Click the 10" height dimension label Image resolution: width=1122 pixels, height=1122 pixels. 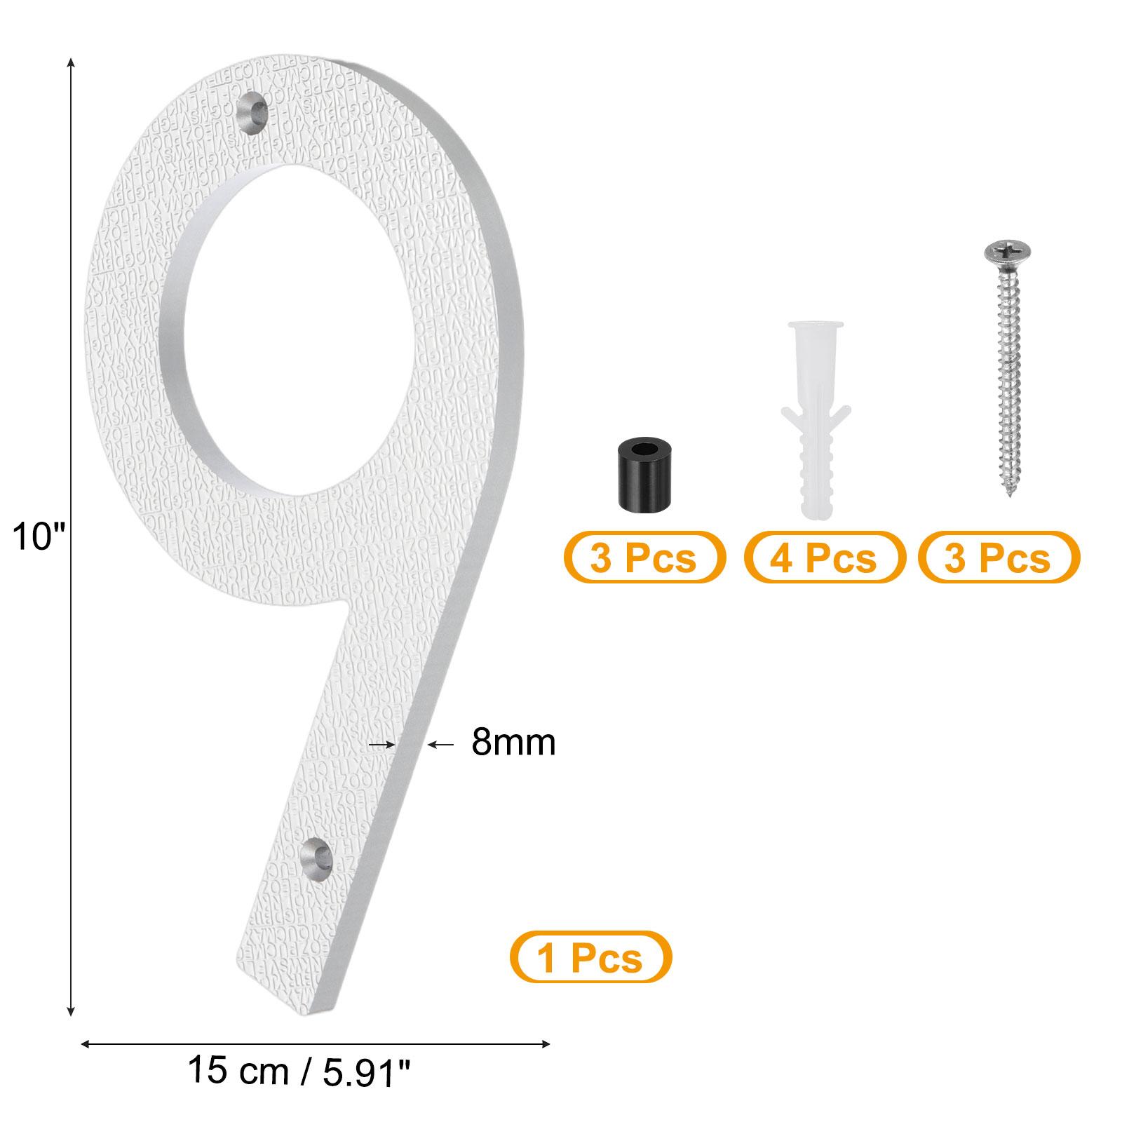(x=39, y=539)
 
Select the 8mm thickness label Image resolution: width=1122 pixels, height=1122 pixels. (x=513, y=742)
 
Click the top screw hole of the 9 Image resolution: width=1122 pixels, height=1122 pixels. (x=253, y=111)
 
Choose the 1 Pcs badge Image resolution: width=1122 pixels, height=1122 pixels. (x=590, y=957)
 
